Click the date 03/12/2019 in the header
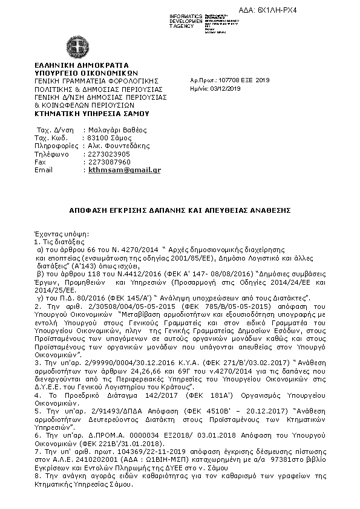coord(226,88)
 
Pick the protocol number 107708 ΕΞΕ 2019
coord(241,80)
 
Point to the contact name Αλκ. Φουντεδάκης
coord(116,146)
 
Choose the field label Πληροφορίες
coord(56,146)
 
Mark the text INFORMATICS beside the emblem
coord(186,15)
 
